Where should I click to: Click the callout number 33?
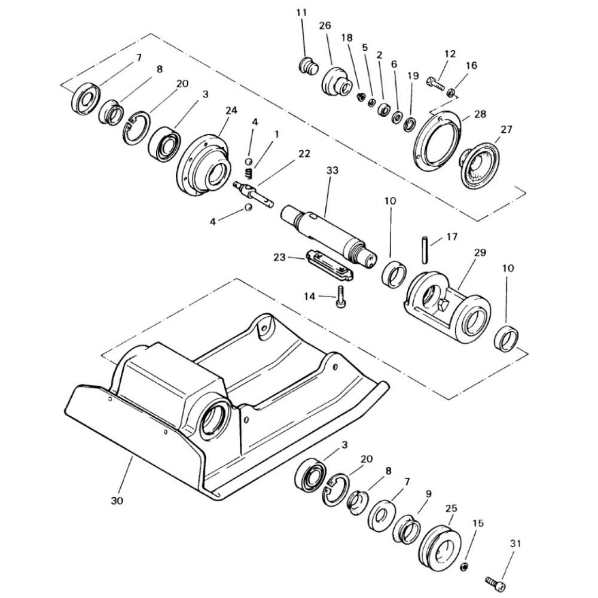pyautogui.click(x=332, y=170)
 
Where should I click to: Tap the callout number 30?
pyautogui.click(x=117, y=501)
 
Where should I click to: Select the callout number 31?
pyautogui.click(x=515, y=544)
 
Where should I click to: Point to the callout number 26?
pyautogui.click(x=325, y=26)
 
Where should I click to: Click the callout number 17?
pyautogui.click(x=451, y=237)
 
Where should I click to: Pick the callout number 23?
pyautogui.click(x=279, y=257)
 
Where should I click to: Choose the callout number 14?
pyautogui.click(x=310, y=296)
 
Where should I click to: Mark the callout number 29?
pyautogui.click(x=480, y=252)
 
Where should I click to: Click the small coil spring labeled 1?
pyautogui.click(x=248, y=173)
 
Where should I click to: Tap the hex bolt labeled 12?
pyautogui.click(x=434, y=84)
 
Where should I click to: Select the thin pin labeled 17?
pyautogui.click(x=425, y=250)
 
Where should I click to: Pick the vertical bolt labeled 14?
pyautogui.click(x=341, y=296)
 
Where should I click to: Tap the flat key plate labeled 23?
pyautogui.click(x=329, y=266)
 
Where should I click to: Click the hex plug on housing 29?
pyautogui.click(x=444, y=305)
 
